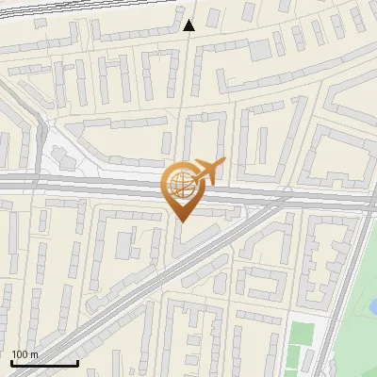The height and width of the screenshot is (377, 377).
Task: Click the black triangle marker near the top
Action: (x=189, y=25)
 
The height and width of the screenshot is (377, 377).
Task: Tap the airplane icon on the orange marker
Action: (x=206, y=172)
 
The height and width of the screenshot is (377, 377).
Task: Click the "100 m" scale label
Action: (x=25, y=354)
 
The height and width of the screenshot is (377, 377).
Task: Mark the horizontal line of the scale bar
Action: (x=44, y=363)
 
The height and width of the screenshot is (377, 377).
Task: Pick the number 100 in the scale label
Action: (x=20, y=354)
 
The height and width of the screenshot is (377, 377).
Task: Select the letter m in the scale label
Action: (x=34, y=354)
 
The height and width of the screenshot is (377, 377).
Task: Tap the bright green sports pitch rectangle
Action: (x=300, y=335)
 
